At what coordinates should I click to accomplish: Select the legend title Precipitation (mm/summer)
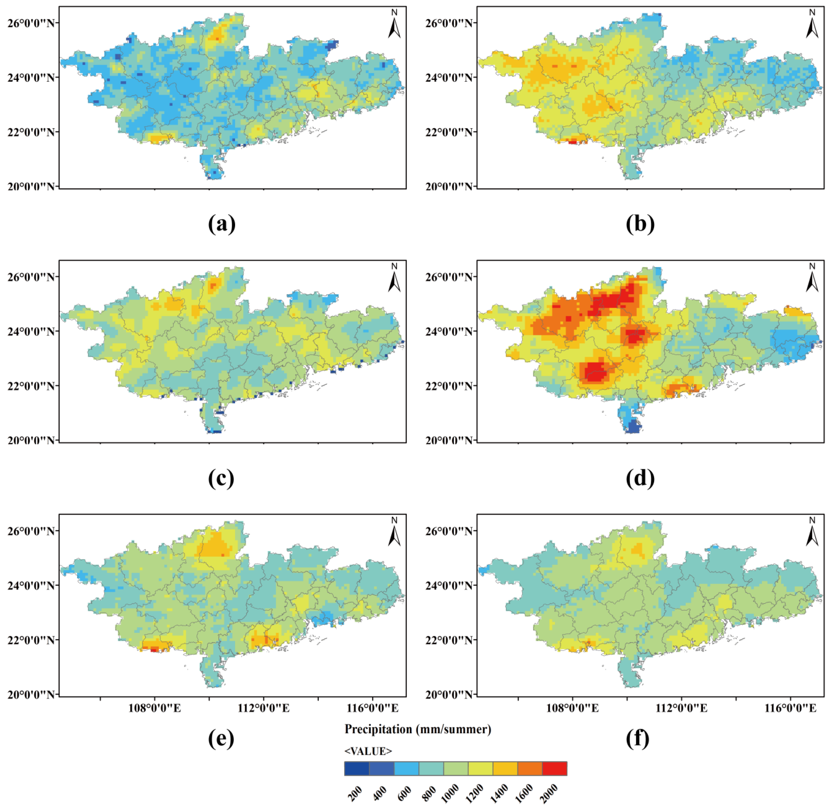[x=418, y=729]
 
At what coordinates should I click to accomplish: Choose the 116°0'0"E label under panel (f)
[x=791, y=708]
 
